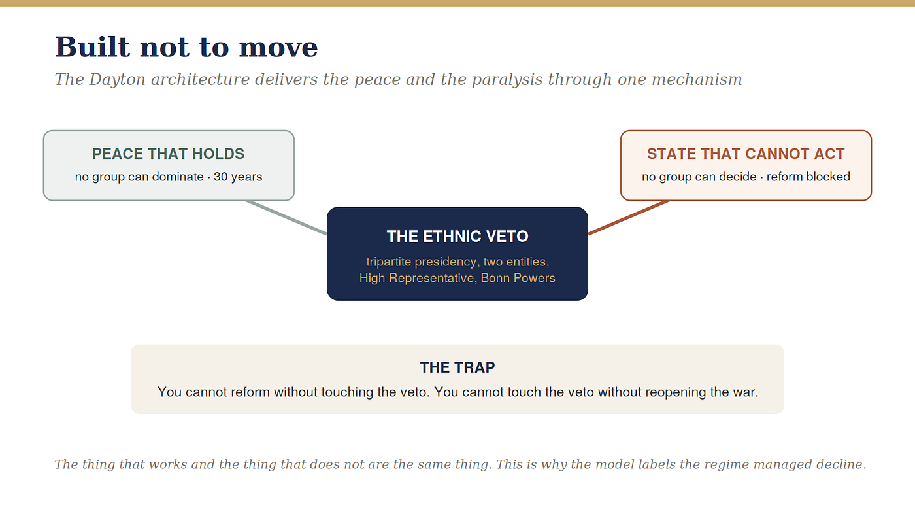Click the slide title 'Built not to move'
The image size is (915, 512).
pos(186,46)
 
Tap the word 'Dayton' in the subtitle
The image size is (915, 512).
pos(117,80)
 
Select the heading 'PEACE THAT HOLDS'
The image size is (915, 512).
pos(169,154)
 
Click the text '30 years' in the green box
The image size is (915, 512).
pos(238,177)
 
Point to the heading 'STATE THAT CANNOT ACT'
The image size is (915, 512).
pos(746,154)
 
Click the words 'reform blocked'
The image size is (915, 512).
pos(808,177)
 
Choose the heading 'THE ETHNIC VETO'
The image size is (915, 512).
pos(457,237)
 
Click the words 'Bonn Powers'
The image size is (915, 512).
pos(518,278)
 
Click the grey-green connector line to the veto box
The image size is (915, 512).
pos(286,217)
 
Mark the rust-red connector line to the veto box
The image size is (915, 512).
pos(629,217)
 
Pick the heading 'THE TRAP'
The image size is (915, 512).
pos(457,367)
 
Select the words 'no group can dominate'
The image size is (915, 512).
pos(139,177)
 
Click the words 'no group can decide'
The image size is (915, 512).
pos(699,177)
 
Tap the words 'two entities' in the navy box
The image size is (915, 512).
pos(516,262)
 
